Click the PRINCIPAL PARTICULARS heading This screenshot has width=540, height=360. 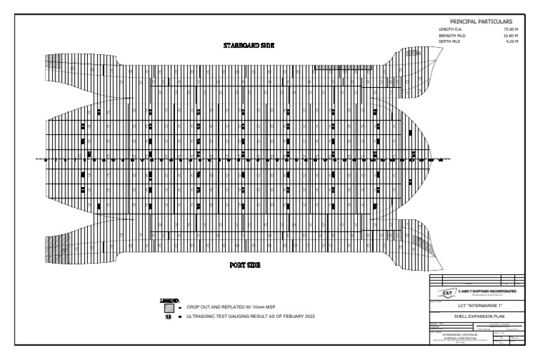(480, 21)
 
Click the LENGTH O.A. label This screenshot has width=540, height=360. (449, 29)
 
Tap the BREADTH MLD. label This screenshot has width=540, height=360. (451, 35)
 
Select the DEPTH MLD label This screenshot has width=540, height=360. (449, 41)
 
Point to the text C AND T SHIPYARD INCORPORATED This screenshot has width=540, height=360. (487, 290)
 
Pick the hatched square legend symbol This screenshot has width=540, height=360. (168, 308)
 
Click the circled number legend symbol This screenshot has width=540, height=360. (168, 316)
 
